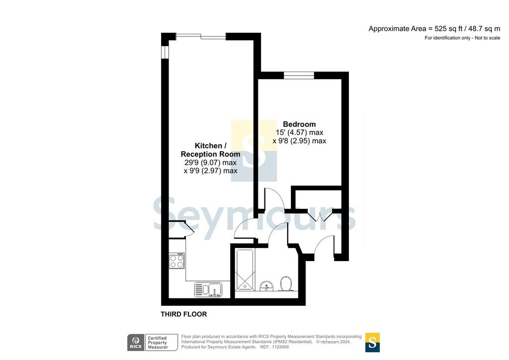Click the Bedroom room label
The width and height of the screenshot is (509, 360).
click(299, 124)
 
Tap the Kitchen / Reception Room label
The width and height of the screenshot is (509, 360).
click(210, 150)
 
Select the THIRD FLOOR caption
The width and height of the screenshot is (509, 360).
click(184, 314)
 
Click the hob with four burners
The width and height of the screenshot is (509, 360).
click(177, 261)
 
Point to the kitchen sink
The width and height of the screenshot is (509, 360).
click(208, 289)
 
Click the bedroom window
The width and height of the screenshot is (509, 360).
click(299, 75)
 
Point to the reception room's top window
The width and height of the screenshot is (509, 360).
click(201, 36)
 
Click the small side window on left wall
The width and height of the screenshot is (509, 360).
click(165, 52)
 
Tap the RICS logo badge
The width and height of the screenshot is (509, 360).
click(136, 343)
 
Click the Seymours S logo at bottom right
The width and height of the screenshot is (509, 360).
click(372, 343)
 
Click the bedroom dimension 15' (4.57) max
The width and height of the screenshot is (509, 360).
click(299, 132)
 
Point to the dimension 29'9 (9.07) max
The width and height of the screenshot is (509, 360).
click(210, 162)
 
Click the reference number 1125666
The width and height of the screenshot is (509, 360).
click(280, 347)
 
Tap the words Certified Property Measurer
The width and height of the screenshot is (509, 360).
click(158, 343)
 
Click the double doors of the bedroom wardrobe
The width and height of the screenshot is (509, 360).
click(320, 216)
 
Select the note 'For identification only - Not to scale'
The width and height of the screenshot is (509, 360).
click(462, 38)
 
